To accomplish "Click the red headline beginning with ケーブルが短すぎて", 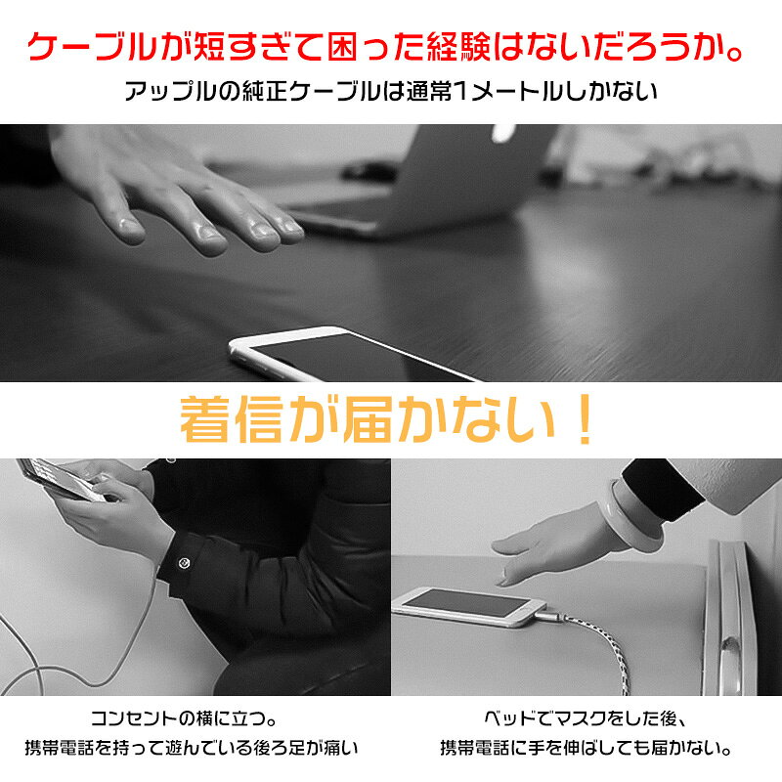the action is pyautogui.click(x=385, y=47).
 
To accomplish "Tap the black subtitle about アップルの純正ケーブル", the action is pyautogui.click(x=390, y=91).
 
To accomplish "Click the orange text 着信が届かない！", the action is pyautogui.click(x=387, y=419).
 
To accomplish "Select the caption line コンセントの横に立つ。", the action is pyautogui.click(x=184, y=718).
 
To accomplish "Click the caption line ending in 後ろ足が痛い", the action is pyautogui.click(x=192, y=748).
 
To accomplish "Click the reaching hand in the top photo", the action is pyautogui.click(x=175, y=190).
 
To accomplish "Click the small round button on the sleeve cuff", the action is pyautogui.click(x=184, y=563).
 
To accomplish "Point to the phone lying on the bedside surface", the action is pyautogui.click(x=469, y=605).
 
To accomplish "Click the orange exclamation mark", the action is pyautogui.click(x=584, y=419).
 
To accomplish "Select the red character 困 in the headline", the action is pyautogui.click(x=344, y=47).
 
